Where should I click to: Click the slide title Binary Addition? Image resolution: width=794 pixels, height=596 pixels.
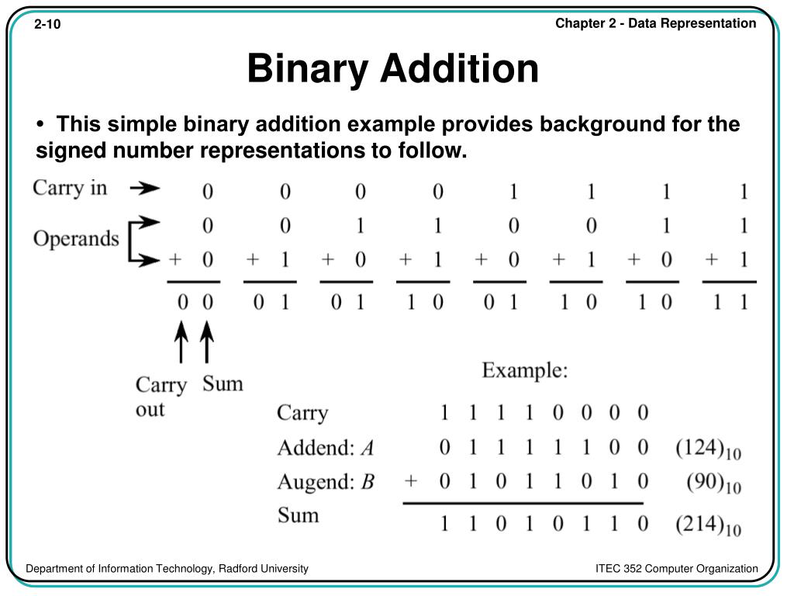click(392, 69)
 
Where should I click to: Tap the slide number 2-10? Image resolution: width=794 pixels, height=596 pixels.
click(47, 25)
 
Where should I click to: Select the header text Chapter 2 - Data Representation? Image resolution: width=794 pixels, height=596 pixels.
click(655, 23)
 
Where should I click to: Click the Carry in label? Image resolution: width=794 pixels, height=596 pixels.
click(70, 188)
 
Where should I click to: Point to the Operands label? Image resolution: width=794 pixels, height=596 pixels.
click(76, 237)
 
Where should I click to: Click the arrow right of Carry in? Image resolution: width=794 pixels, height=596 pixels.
click(144, 188)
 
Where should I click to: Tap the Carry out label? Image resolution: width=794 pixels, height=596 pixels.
click(161, 397)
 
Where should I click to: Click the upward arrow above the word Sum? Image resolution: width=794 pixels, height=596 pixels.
click(207, 342)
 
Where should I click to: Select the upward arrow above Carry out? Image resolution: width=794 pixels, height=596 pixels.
click(181, 342)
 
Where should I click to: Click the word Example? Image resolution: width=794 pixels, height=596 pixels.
click(525, 370)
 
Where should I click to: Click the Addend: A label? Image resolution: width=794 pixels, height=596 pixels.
click(326, 448)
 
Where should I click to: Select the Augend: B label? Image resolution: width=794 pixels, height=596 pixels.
click(326, 482)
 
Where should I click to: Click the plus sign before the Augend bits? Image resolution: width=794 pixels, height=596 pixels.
click(410, 481)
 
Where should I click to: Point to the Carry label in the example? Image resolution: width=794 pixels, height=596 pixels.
click(302, 413)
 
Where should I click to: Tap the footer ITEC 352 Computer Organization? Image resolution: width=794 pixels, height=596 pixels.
click(676, 569)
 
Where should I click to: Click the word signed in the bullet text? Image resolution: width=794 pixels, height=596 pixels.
click(63, 151)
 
